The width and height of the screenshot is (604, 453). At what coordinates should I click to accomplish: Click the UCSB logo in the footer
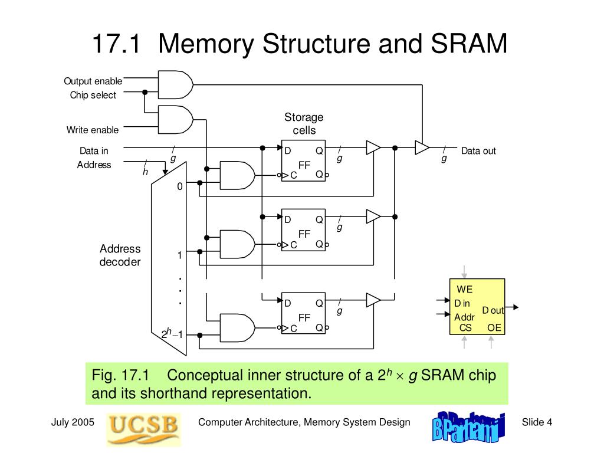143,429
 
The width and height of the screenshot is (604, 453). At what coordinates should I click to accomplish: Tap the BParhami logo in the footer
468,427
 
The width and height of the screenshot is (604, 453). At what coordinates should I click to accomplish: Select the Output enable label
93,81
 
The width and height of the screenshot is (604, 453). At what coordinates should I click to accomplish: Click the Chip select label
93,95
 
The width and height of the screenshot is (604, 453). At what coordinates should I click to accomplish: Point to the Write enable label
93,130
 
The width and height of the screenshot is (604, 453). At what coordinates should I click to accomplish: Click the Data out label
478,151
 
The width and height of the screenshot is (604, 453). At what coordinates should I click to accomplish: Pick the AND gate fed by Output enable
176,85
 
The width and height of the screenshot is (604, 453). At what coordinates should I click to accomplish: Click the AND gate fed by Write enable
176,119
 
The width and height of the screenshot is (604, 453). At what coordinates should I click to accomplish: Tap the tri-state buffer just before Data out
422,147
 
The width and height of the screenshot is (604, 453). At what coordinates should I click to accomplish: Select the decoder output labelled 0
180,186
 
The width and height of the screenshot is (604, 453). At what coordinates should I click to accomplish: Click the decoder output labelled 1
180,255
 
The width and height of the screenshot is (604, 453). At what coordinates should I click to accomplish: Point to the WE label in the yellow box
465,289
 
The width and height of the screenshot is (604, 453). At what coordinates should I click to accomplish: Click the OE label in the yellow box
494,328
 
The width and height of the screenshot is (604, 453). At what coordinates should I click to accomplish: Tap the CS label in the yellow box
465,328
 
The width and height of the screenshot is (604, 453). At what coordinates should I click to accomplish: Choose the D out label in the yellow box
493,310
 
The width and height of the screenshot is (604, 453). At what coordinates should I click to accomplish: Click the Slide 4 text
537,422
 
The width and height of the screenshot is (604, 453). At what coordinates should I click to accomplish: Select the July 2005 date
73,422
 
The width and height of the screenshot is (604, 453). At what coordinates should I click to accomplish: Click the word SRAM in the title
469,43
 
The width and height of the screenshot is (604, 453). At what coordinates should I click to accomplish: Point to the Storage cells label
304,124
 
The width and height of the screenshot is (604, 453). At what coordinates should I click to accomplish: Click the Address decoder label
120,255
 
